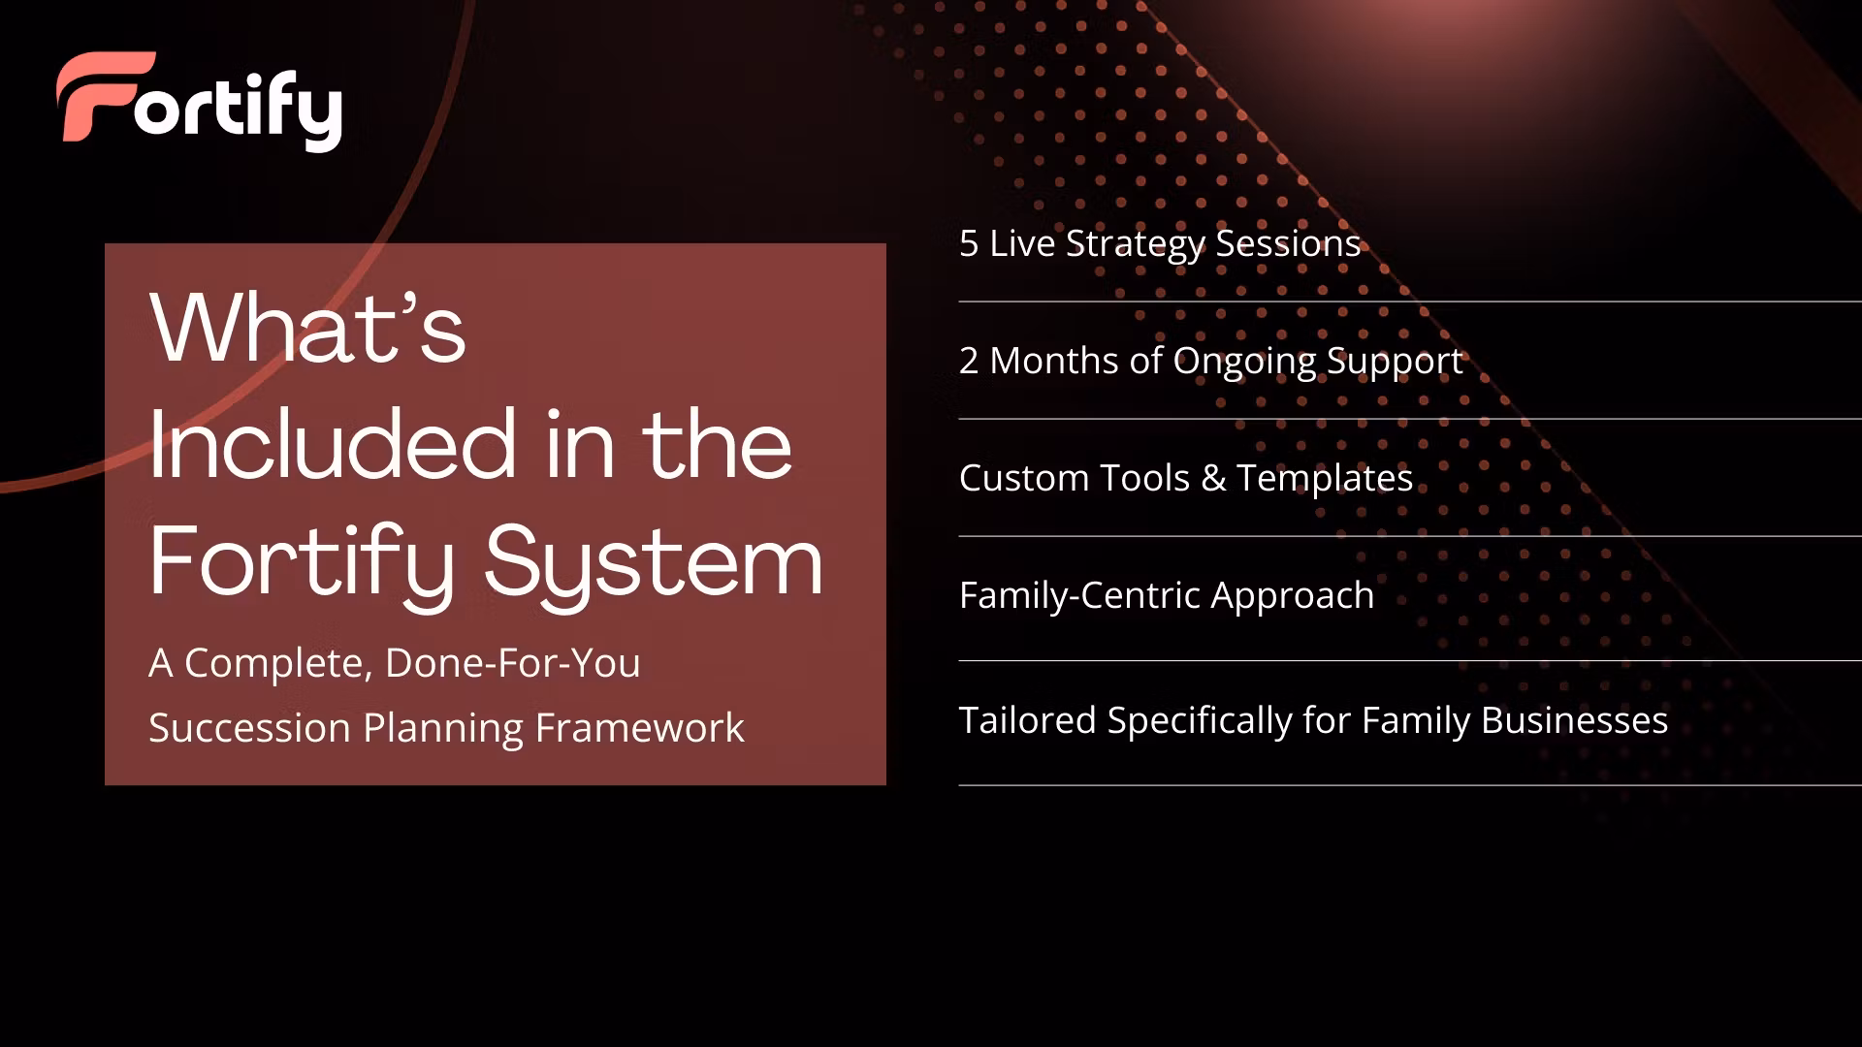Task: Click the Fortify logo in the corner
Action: tap(199, 101)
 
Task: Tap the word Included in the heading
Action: tap(332, 445)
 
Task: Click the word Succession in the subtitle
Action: tap(249, 728)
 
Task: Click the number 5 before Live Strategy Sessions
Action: tap(969, 243)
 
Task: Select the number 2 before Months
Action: tap(969, 361)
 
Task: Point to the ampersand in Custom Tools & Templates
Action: tap(1213, 478)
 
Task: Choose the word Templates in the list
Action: tap(1325, 479)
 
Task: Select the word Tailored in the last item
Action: tap(1028, 720)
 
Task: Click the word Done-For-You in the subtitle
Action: tap(513, 664)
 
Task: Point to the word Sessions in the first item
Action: tap(1289, 243)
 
